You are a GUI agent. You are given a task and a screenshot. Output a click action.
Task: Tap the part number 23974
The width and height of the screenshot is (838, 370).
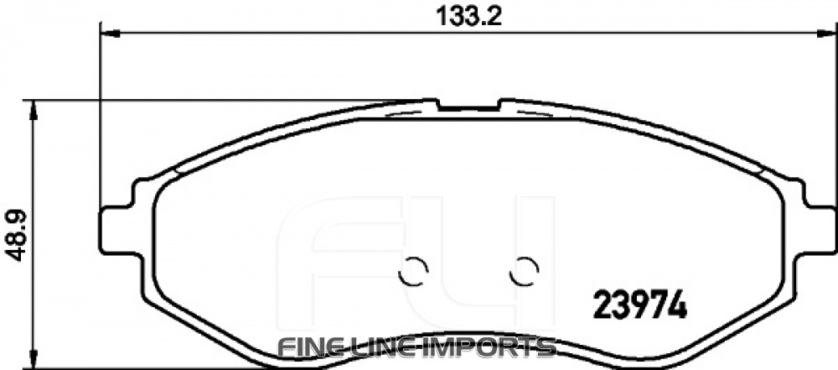(x=641, y=304)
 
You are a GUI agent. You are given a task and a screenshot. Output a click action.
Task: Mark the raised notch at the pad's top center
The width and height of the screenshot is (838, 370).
(x=469, y=105)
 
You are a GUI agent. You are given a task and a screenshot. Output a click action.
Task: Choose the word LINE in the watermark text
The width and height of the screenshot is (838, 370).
(x=389, y=347)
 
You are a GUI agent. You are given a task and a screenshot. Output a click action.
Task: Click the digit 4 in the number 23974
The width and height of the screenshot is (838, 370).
(x=677, y=304)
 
